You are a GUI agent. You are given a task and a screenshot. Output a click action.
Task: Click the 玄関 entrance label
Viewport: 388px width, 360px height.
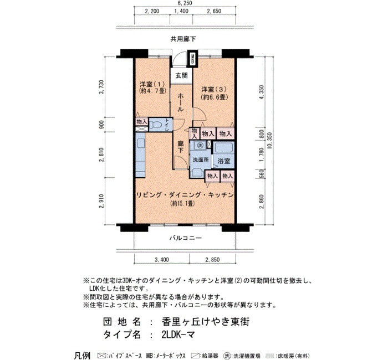click(x=181, y=75)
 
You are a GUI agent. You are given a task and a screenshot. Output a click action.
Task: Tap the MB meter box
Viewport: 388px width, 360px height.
click(x=193, y=59)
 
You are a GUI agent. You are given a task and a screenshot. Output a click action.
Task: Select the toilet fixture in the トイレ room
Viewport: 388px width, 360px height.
click(x=156, y=125)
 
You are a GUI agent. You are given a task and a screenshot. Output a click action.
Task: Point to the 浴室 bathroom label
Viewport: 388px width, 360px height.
click(x=224, y=161)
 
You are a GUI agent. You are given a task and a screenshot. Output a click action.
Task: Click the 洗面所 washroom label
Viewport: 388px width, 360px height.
click(x=201, y=160)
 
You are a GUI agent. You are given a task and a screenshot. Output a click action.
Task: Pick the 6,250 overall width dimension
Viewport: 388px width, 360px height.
click(x=185, y=3)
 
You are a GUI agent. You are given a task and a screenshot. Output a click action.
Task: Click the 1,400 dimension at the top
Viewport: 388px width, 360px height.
click(x=181, y=11)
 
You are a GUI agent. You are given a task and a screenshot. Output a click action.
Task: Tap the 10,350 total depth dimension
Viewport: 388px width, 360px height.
click(x=269, y=141)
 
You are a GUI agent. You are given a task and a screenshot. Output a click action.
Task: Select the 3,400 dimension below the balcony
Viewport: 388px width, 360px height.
click(x=162, y=260)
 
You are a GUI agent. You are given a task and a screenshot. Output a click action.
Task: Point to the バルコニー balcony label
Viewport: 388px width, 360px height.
click(x=186, y=238)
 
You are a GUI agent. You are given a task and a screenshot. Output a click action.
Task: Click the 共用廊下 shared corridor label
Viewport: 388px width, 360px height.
click(x=183, y=39)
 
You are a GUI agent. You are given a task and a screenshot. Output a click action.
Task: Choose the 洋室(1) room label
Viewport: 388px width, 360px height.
click(x=152, y=84)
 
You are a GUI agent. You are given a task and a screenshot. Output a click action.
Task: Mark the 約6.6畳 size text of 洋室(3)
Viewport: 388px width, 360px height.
click(x=215, y=97)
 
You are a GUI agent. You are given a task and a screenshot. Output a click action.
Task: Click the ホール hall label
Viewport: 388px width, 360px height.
click(x=181, y=102)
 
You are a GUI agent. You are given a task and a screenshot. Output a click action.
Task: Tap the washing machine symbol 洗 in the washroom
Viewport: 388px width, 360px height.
click(x=201, y=145)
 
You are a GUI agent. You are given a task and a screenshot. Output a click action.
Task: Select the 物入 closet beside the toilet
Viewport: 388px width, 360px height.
click(x=142, y=122)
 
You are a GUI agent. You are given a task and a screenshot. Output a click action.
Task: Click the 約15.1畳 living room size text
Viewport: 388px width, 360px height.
click(x=182, y=203)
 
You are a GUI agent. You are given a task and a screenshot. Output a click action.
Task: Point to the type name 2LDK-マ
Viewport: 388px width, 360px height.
click(x=178, y=335)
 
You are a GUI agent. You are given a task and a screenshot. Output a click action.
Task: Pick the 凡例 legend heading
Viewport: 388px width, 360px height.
click(x=82, y=356)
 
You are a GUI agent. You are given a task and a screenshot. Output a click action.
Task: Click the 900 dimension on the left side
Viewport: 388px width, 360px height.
click(x=101, y=125)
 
